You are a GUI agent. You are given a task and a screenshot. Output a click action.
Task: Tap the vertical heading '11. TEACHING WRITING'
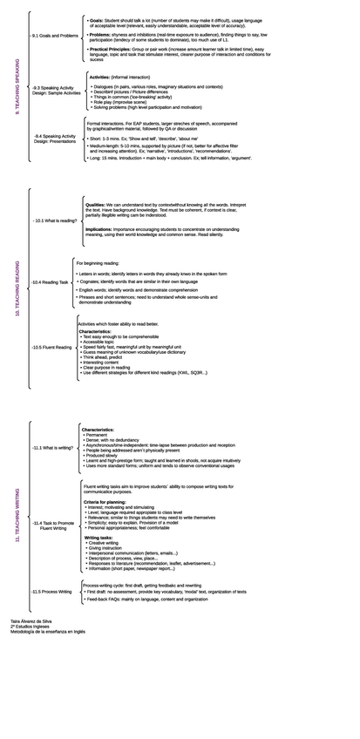[x=16, y=517]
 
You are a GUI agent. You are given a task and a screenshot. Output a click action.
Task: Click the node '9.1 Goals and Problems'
[x=54, y=36]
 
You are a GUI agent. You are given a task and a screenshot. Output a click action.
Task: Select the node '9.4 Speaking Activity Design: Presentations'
[x=54, y=139]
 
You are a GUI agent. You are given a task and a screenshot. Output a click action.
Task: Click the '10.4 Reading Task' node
[x=50, y=282]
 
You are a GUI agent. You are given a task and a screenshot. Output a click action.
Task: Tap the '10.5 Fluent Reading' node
[x=51, y=347]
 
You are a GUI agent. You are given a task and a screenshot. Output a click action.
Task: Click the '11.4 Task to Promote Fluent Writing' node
[x=52, y=525]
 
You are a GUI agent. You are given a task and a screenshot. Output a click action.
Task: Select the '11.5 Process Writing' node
[x=51, y=591]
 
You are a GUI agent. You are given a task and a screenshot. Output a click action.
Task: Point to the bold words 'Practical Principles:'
[x=111, y=50]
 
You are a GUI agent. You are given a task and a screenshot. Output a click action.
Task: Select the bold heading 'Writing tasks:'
[x=98, y=538]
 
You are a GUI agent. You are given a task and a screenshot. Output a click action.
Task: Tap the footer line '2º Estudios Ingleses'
[x=27, y=626]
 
